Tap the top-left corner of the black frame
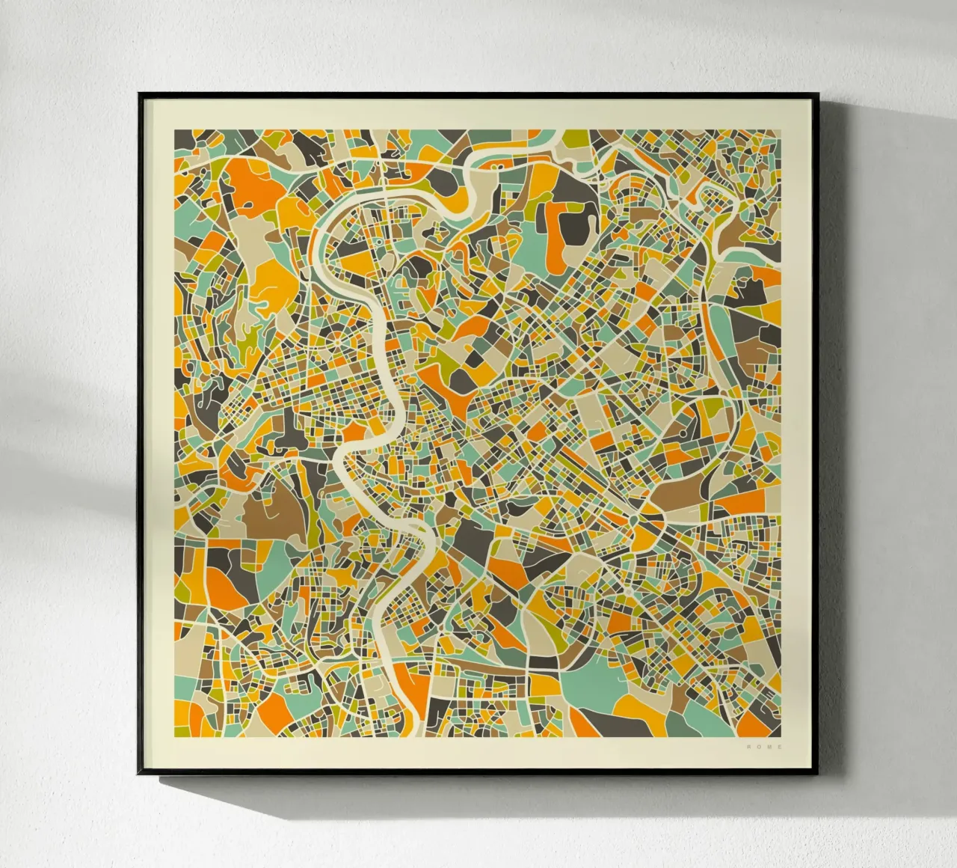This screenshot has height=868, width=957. (140, 94)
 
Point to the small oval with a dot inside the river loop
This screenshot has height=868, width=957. (390, 259)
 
